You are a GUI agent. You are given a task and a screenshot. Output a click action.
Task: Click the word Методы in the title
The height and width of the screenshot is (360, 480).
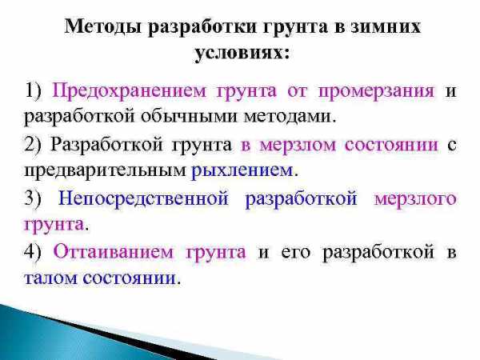[102, 27]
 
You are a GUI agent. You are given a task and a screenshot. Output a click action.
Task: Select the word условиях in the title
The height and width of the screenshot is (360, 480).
[238, 54]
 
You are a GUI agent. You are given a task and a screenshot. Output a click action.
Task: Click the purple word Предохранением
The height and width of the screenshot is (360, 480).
[129, 91]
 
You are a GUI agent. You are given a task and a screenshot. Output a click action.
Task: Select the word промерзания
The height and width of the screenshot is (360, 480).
[376, 91]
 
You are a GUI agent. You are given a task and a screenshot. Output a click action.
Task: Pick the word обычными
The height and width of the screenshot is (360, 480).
[189, 117]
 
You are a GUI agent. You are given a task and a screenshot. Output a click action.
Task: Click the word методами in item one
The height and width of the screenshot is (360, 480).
[287, 117]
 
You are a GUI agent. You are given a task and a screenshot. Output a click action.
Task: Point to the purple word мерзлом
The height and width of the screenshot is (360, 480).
[298, 145]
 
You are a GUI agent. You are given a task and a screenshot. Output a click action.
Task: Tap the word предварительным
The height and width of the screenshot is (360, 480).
[105, 171]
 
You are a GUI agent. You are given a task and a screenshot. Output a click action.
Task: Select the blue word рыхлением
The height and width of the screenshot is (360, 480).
[242, 171]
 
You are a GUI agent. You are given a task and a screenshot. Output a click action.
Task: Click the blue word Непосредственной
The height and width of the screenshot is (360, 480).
[143, 198]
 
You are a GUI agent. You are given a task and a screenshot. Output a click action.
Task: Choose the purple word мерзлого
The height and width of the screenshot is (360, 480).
[415, 199]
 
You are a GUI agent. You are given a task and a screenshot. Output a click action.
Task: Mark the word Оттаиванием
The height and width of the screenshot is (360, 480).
[114, 252]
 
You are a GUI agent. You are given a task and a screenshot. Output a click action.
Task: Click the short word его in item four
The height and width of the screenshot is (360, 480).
[296, 253]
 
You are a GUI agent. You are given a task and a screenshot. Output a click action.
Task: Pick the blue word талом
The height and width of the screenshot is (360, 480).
[50, 278]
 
